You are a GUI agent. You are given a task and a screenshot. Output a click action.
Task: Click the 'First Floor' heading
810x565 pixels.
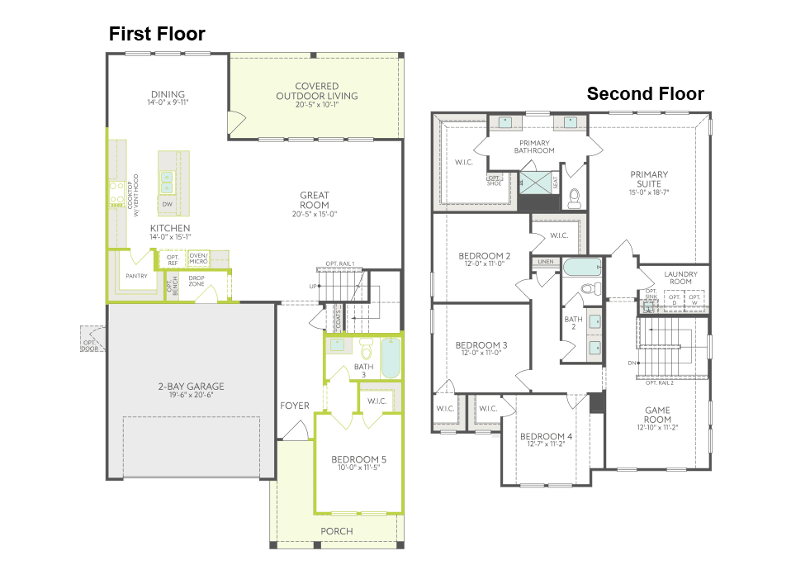(x=157, y=34)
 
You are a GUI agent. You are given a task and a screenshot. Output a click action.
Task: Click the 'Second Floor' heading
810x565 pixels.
(x=645, y=94)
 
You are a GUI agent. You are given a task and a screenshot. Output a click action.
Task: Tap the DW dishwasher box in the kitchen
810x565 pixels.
(x=167, y=204)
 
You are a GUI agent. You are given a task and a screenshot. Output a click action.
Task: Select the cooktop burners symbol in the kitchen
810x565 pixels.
(x=116, y=194)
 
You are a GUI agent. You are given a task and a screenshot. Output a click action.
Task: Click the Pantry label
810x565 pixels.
(x=136, y=276)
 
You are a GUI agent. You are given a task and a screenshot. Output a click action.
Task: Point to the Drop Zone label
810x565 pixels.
(x=197, y=281)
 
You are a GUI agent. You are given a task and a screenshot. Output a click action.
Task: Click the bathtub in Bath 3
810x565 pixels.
(x=391, y=357)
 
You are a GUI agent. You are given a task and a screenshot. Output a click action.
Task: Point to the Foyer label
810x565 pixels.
(x=295, y=406)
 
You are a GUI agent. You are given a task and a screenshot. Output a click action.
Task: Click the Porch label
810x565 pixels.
(x=336, y=531)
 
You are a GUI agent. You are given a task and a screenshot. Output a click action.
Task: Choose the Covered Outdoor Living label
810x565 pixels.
(x=316, y=91)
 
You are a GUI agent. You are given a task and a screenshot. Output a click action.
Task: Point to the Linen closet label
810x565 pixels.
(x=546, y=262)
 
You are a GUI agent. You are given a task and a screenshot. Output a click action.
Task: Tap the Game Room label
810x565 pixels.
(x=657, y=415)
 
